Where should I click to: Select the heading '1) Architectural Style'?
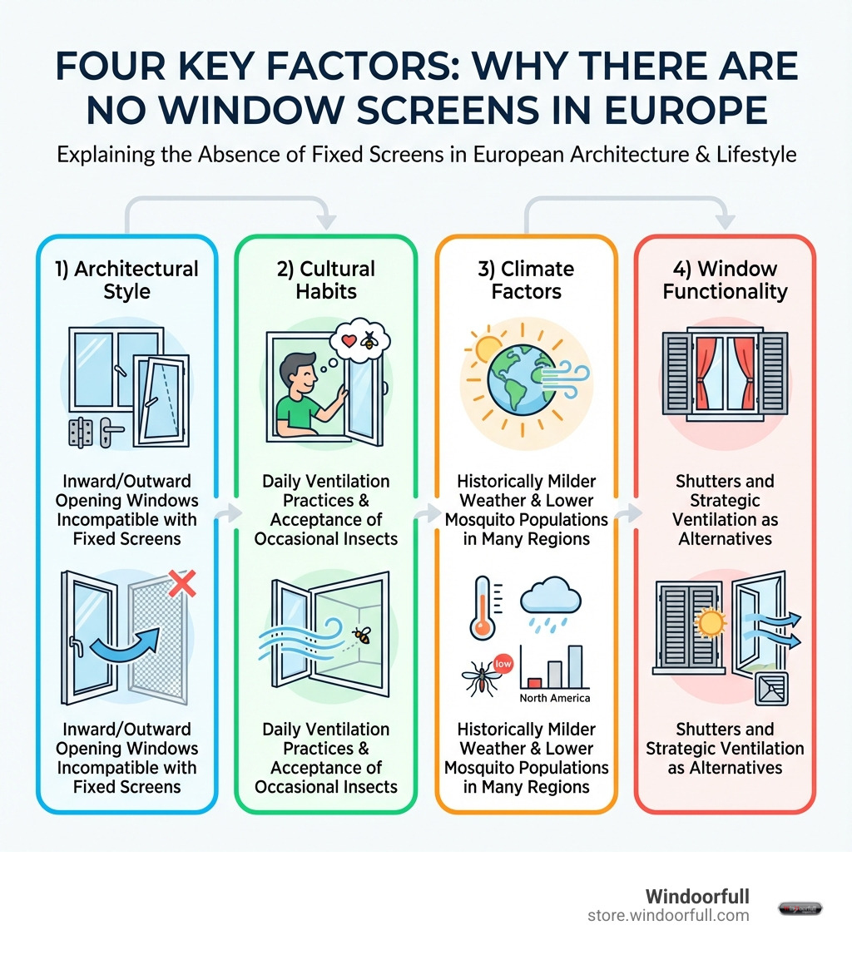click(126, 280)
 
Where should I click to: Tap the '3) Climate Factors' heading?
click(526, 280)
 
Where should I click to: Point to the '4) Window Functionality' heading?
click(725, 280)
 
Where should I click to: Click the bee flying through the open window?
click(361, 636)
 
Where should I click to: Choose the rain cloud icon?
click(550, 603)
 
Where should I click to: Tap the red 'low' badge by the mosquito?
click(502, 664)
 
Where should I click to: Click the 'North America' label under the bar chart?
click(554, 697)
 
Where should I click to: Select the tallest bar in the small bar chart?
click(574, 666)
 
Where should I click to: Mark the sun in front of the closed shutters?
click(710, 621)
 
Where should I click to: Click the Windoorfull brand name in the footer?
click(697, 896)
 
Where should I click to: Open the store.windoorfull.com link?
click(668, 915)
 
